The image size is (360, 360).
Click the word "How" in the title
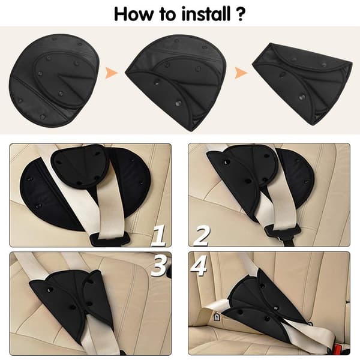pos(133,14)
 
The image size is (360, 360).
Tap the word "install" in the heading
pos(206,14)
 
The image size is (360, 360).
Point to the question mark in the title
pos(239,14)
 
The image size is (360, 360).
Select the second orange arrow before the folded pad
pos(241,73)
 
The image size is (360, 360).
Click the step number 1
pos(158,236)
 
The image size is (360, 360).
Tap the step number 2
pos(202,236)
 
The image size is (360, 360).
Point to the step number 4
pos(199,265)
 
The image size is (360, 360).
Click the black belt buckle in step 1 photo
pos(110,239)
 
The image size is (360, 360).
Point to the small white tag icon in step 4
pos(217,317)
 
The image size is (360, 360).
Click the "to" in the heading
pos(167,14)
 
